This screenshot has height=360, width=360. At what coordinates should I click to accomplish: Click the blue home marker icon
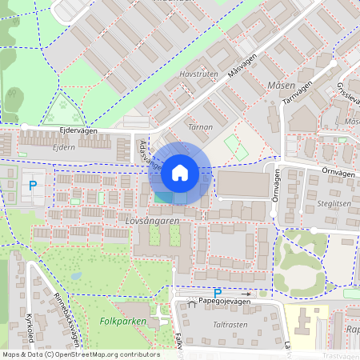tap(179, 171)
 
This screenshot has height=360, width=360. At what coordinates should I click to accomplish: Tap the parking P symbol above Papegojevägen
tap(217, 293)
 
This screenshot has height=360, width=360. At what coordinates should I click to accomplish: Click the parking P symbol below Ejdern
tap(33, 185)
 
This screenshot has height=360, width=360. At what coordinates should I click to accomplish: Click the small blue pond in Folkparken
tap(76, 275)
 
